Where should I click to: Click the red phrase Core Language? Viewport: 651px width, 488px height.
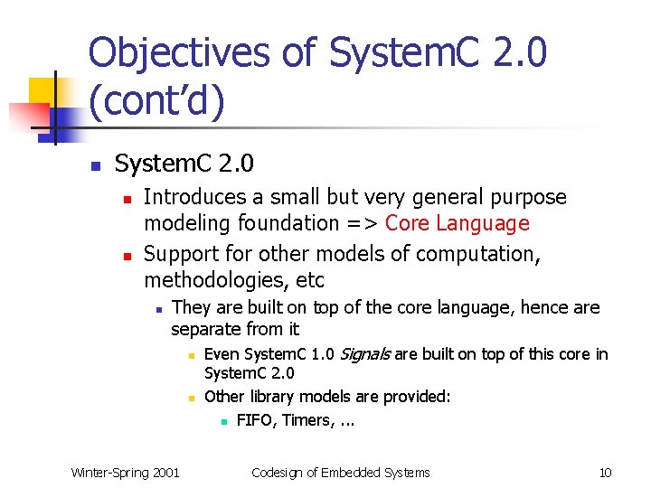pyautogui.click(x=457, y=223)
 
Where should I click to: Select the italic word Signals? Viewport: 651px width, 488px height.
pyautogui.click(x=364, y=354)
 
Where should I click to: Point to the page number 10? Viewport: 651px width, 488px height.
pyautogui.click(x=606, y=472)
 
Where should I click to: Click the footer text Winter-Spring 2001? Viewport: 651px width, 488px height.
pyautogui.click(x=126, y=472)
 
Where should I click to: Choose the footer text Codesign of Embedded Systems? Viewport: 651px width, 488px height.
pyautogui.click(x=340, y=472)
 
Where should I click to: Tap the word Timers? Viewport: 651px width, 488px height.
pyautogui.click(x=307, y=420)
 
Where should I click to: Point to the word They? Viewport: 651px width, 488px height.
pyautogui.click(x=189, y=308)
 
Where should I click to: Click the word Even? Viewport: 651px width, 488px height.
pyautogui.click(x=222, y=354)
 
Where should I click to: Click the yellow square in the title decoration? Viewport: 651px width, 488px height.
pyautogui.click(x=43, y=91)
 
